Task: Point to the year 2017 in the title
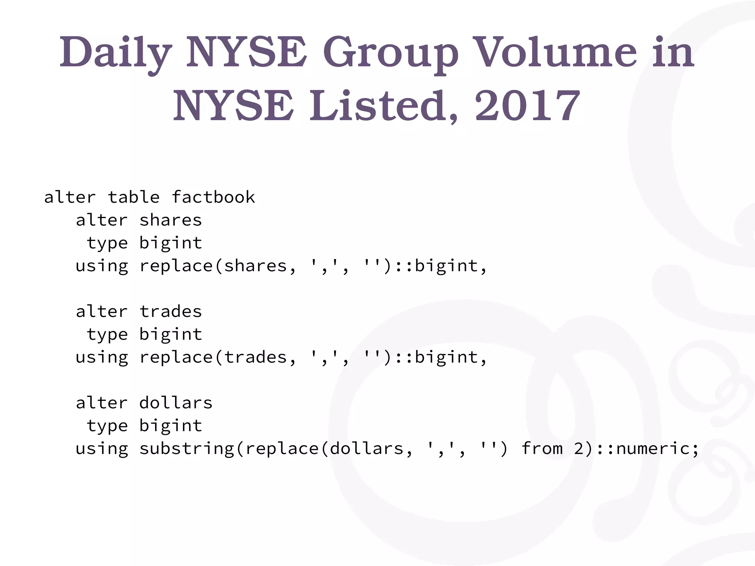(528, 106)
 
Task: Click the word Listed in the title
(384, 106)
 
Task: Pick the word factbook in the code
(213, 197)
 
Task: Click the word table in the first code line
(134, 197)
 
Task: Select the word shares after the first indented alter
(170, 220)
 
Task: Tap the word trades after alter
(170, 312)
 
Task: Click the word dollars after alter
(176, 403)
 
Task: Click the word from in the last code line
(542, 448)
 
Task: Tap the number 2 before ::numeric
(579, 448)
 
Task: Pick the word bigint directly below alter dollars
(170, 426)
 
